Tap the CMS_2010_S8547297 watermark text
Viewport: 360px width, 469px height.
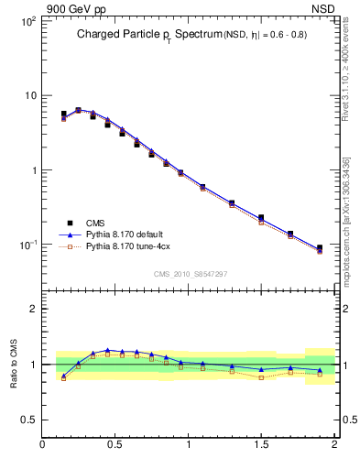[x=190, y=274]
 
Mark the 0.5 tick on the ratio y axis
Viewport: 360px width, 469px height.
[x=31, y=420]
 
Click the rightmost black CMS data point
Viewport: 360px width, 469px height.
[x=320, y=247]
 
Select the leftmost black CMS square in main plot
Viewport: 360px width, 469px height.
[x=63, y=115]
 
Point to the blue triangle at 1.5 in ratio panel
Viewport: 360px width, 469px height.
[x=261, y=369]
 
